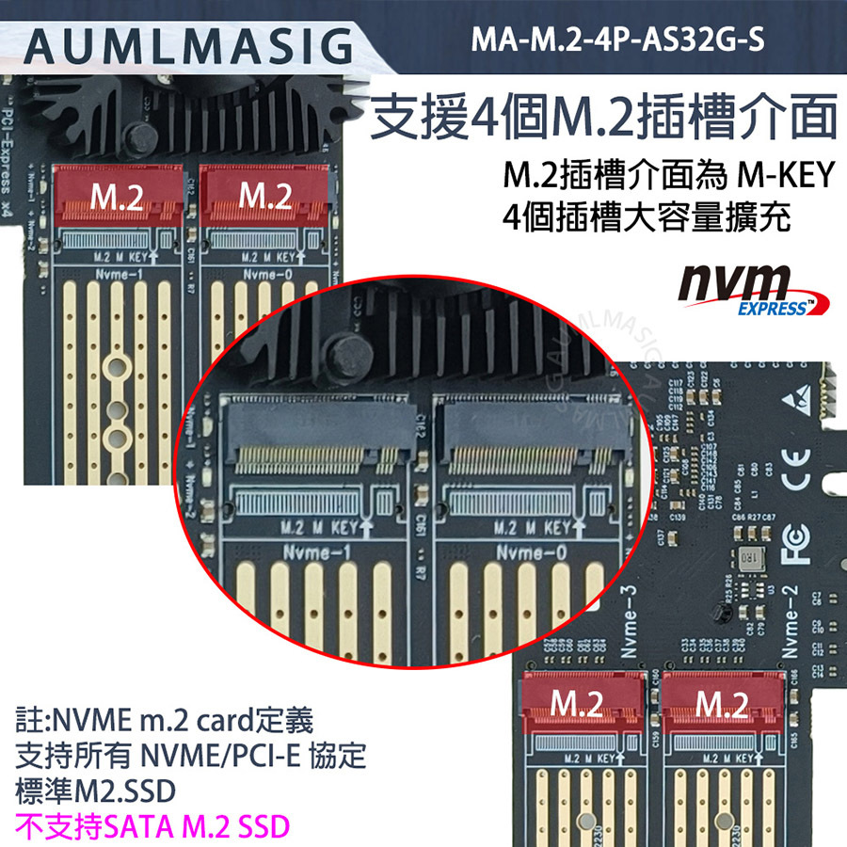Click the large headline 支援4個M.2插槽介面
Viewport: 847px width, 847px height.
coord(602,120)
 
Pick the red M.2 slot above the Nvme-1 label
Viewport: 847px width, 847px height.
coord(118,197)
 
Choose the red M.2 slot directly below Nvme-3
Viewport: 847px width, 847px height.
coord(576,703)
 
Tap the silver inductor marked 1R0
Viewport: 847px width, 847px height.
coord(749,557)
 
